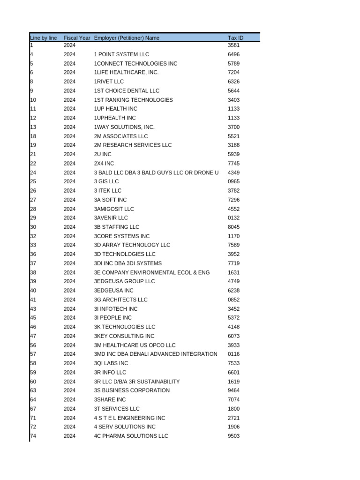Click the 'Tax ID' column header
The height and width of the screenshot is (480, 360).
pyautogui.click(x=235, y=37)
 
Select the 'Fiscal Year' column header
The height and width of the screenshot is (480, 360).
pyautogui.click(x=77, y=37)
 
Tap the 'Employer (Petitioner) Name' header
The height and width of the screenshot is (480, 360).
pyautogui.click(x=127, y=37)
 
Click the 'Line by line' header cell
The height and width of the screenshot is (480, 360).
pyautogui.click(x=44, y=37)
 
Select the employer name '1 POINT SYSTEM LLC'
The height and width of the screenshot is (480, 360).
pyautogui.click(x=121, y=54)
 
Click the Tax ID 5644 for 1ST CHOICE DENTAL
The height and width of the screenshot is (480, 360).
pyautogui.click(x=233, y=91)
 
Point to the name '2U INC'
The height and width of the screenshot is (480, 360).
pyautogui.click(x=103, y=154)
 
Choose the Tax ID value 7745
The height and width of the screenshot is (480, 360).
pyautogui.click(x=233, y=164)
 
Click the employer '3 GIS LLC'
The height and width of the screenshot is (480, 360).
pyautogui.click(x=106, y=181)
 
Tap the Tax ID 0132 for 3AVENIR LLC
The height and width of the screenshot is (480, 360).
pyautogui.click(x=233, y=218)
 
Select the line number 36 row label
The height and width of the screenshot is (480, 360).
pyautogui.click(x=33, y=254)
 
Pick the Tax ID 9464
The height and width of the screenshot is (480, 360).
pyautogui.click(x=233, y=390)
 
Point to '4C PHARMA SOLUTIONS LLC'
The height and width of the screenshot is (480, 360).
pyautogui.click(x=131, y=436)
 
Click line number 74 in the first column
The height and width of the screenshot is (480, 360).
pyautogui.click(x=33, y=436)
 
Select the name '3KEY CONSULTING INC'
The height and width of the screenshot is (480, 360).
pyautogui.click(x=124, y=336)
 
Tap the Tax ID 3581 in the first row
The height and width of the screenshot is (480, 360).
pyautogui.click(x=233, y=45)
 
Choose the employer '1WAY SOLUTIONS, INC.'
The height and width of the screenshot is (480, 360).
pyautogui.click(x=124, y=127)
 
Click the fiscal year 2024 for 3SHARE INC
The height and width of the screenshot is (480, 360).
pyautogui.click(x=69, y=399)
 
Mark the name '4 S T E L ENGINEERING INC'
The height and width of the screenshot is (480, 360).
pyautogui.click(x=129, y=418)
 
